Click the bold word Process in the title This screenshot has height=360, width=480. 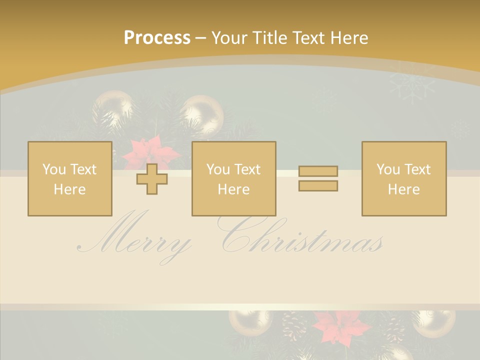point(157,37)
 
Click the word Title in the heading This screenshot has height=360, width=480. point(269,37)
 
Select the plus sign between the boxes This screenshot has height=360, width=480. point(152,179)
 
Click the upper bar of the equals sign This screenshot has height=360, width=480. point(318,171)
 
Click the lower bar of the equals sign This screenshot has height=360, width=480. point(318,185)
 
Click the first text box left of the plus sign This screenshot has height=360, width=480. point(69,178)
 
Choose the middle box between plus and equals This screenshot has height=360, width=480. point(233,178)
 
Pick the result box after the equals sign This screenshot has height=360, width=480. point(403,178)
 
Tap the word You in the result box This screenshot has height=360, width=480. point(387,169)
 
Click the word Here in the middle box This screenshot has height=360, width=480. point(233,189)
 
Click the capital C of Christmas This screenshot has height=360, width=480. point(240,235)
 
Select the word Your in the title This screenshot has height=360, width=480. point(229,37)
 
